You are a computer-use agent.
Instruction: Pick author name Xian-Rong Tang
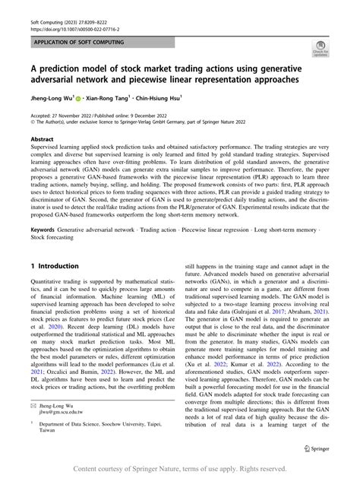point(125,98)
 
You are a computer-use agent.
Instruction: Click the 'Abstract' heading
point(42,140)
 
